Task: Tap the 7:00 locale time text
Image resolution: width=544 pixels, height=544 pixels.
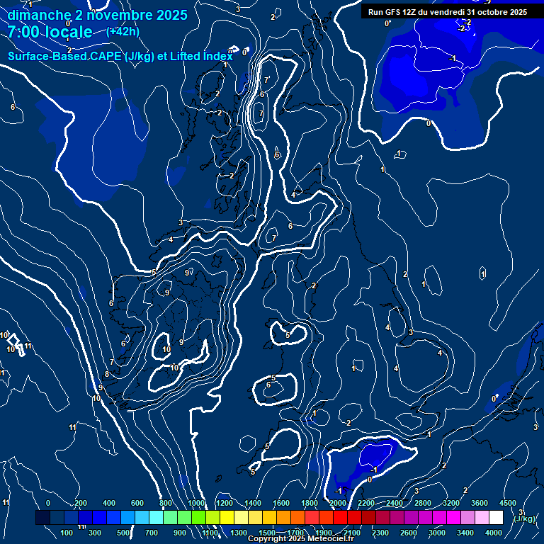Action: tap(50, 32)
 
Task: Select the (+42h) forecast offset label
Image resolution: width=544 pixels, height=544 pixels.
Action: tap(123, 31)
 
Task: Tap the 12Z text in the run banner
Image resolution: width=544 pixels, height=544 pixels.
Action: tap(413, 12)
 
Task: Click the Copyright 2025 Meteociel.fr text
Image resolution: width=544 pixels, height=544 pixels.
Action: tap(300, 539)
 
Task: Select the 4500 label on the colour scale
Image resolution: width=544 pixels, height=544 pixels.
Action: tap(508, 503)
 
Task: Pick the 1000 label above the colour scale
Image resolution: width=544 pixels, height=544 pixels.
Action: tap(196, 503)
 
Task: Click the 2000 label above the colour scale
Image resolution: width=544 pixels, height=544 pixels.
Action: tap(338, 503)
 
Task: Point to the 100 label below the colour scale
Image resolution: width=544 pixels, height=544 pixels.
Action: tap(67, 533)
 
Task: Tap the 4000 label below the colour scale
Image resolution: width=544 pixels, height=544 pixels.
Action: tap(494, 533)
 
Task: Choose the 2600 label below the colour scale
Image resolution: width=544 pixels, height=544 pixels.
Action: tap(409, 533)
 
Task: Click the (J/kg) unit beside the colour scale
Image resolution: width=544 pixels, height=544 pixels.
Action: tap(525, 519)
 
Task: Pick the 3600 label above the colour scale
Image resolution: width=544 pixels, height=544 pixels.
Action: tap(480, 503)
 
